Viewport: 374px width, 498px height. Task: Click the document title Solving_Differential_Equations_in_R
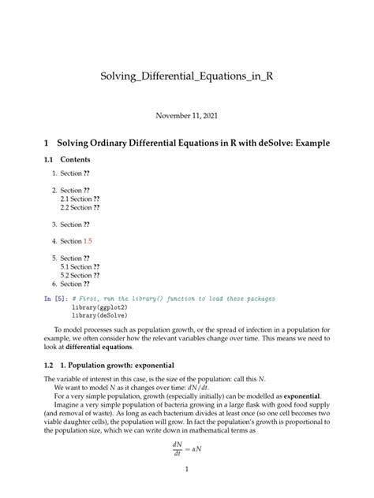[187, 77]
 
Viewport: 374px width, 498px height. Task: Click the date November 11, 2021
[187, 115]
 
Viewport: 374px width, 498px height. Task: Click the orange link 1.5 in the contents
[89, 241]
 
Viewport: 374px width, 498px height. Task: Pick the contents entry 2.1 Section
[79, 199]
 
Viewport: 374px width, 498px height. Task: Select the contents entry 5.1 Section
[79, 266]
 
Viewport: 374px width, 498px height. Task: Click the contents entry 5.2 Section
[79, 275]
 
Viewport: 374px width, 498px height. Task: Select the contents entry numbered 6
[75, 284]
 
